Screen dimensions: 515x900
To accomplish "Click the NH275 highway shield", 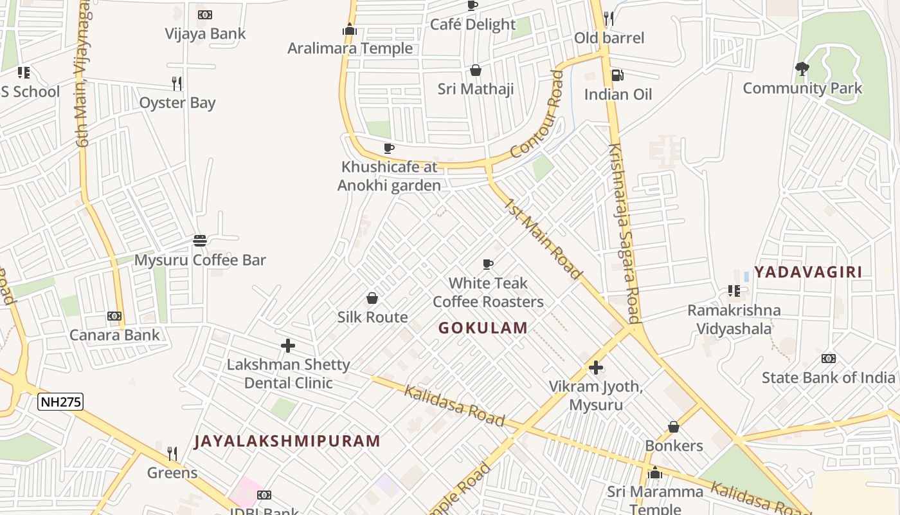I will (x=60, y=402).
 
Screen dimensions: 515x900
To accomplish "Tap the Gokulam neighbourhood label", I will (x=483, y=328).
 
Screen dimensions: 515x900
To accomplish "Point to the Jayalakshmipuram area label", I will (x=287, y=441).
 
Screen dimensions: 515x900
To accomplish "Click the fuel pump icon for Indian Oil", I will (x=617, y=75).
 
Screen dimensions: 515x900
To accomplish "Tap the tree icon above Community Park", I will (x=802, y=68).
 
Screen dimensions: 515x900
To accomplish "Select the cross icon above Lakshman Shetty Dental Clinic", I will (x=288, y=346).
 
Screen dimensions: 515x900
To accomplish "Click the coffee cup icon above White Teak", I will (x=488, y=264).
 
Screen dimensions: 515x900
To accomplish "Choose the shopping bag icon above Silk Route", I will (x=372, y=298).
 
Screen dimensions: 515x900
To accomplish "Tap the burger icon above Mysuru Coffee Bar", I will (x=200, y=241).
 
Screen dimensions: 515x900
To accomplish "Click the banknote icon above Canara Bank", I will (x=114, y=316).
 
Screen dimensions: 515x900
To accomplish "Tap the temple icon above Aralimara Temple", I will (x=350, y=29).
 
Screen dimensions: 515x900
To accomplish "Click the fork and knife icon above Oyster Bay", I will (x=177, y=83).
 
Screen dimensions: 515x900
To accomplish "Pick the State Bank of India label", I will (x=828, y=377).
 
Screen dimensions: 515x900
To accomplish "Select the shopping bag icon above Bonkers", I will (x=674, y=427).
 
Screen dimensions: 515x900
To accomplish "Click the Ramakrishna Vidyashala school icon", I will (x=733, y=291).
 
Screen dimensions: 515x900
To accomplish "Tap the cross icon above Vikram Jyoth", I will (x=596, y=368).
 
